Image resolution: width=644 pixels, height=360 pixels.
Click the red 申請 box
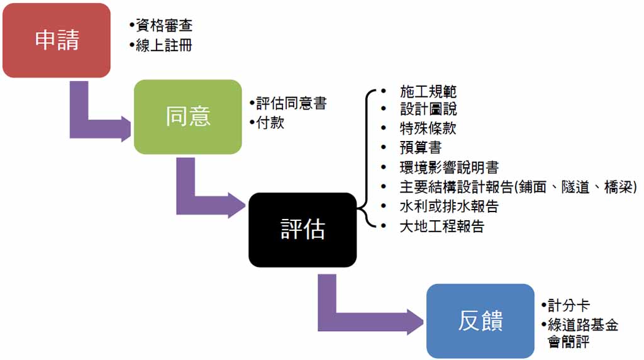point(57,40)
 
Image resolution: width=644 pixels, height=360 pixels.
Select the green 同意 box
point(187,116)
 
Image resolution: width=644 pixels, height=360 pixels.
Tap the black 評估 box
point(303,230)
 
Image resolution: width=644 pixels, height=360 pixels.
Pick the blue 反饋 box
point(480,321)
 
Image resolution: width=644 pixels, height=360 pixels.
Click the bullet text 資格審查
point(164,25)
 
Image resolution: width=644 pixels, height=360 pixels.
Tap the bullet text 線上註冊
point(164,45)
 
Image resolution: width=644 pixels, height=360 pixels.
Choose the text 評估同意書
point(291,103)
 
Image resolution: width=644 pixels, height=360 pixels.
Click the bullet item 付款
point(270,123)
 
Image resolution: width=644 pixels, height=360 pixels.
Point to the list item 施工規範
point(428,91)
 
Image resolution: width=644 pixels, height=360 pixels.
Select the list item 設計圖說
point(428,109)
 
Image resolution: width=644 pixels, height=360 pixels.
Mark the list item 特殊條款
point(428,128)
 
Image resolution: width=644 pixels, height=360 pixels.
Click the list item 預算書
point(421,147)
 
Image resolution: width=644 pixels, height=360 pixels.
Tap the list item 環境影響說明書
point(449,167)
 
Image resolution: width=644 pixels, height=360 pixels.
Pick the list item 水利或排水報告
point(449,206)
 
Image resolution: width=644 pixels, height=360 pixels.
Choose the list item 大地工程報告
point(442,226)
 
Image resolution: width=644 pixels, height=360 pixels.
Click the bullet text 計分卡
point(569,305)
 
